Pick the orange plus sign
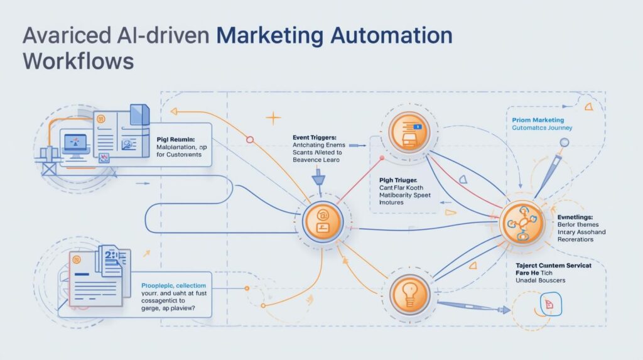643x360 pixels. pyautogui.click(x=273, y=117)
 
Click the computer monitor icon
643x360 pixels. pyautogui.click(x=75, y=141)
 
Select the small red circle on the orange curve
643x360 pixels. pyautogui.click(x=250, y=138)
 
